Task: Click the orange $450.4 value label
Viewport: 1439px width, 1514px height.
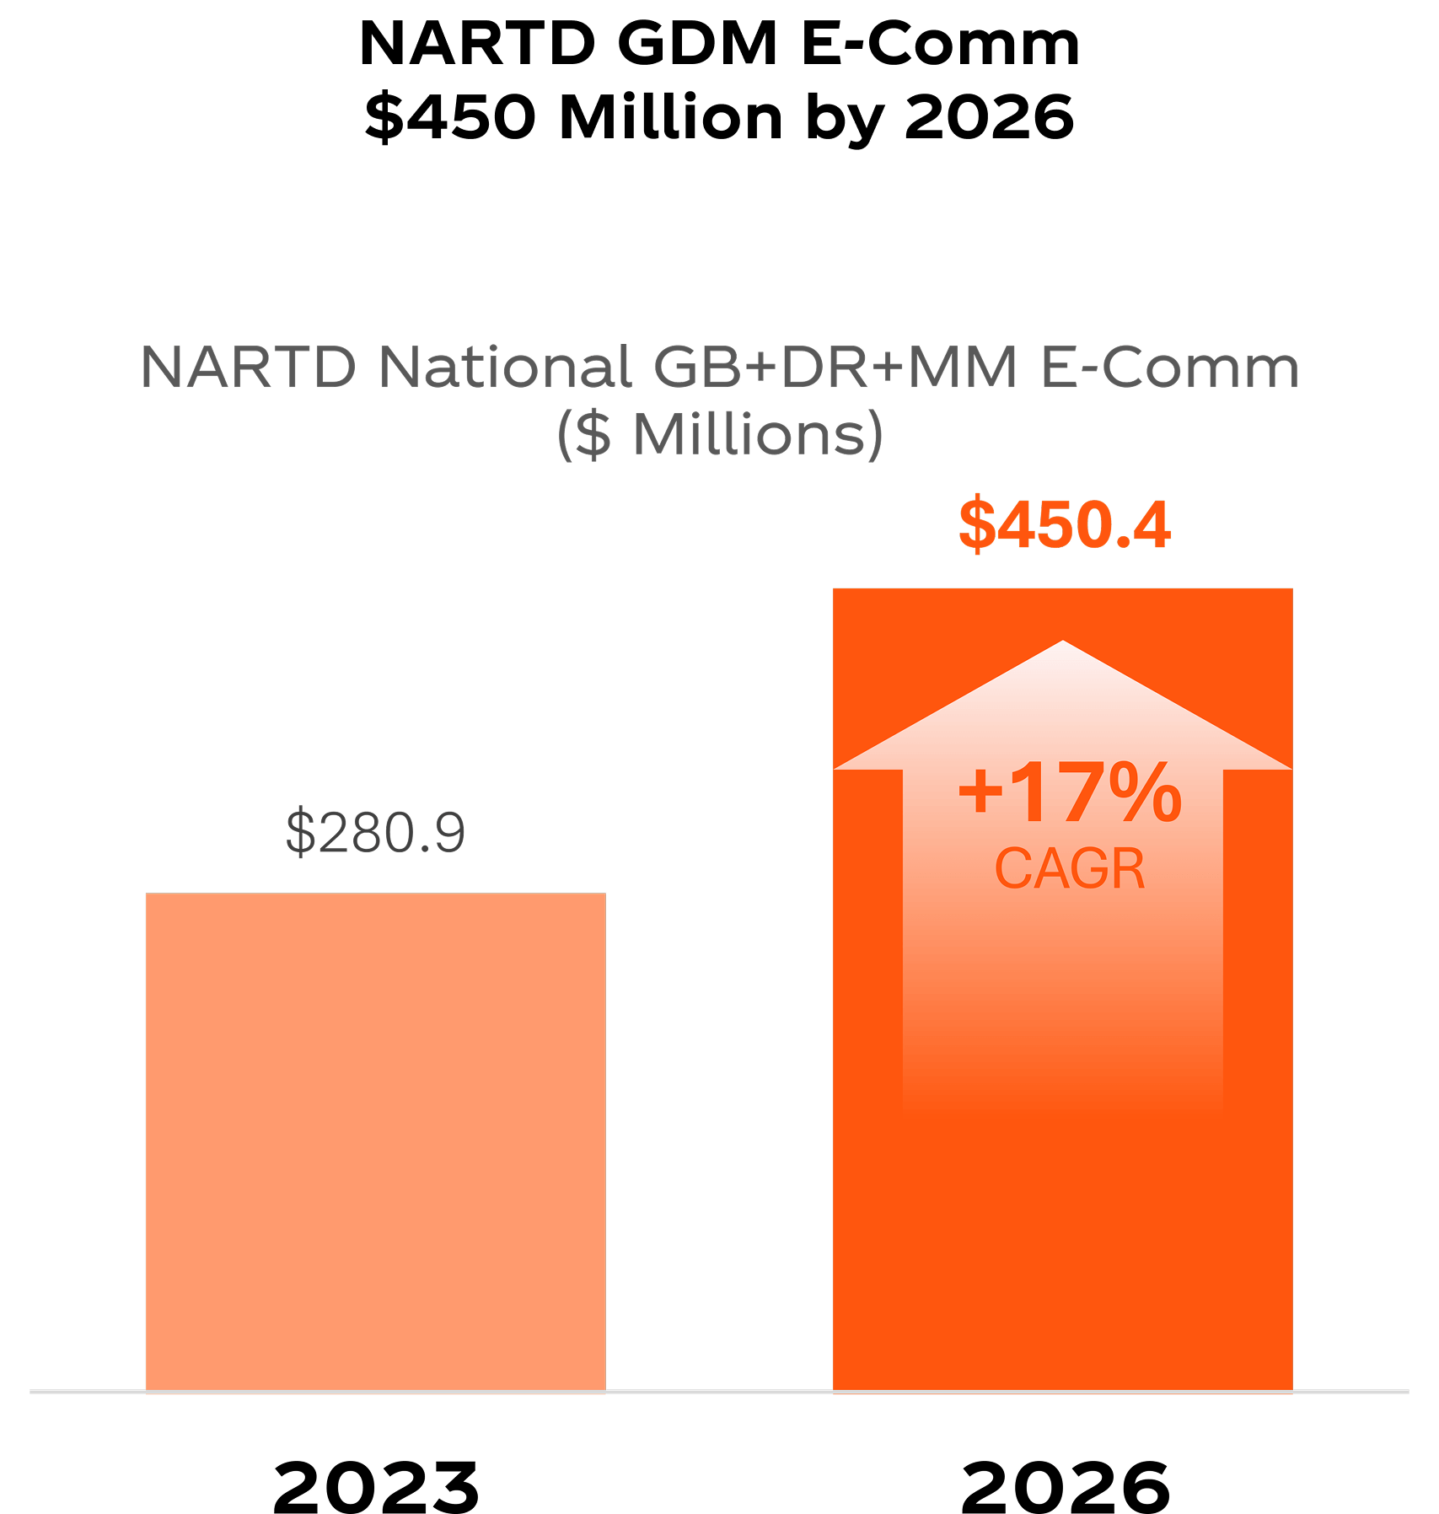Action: [1064, 526]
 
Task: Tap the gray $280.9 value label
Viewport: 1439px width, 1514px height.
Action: [375, 833]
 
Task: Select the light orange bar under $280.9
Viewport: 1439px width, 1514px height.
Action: [375, 1138]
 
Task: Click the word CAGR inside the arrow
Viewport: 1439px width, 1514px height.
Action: [1070, 869]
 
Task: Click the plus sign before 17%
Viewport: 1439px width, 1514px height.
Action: [979, 792]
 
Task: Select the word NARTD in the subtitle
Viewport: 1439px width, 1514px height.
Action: [249, 368]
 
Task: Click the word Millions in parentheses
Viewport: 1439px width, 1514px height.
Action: [749, 435]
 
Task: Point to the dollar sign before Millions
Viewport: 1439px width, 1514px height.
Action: [595, 435]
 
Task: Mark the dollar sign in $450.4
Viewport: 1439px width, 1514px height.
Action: [977, 526]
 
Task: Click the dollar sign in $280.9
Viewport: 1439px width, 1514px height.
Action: [300, 833]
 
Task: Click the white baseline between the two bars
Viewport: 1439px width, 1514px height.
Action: [718, 1392]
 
